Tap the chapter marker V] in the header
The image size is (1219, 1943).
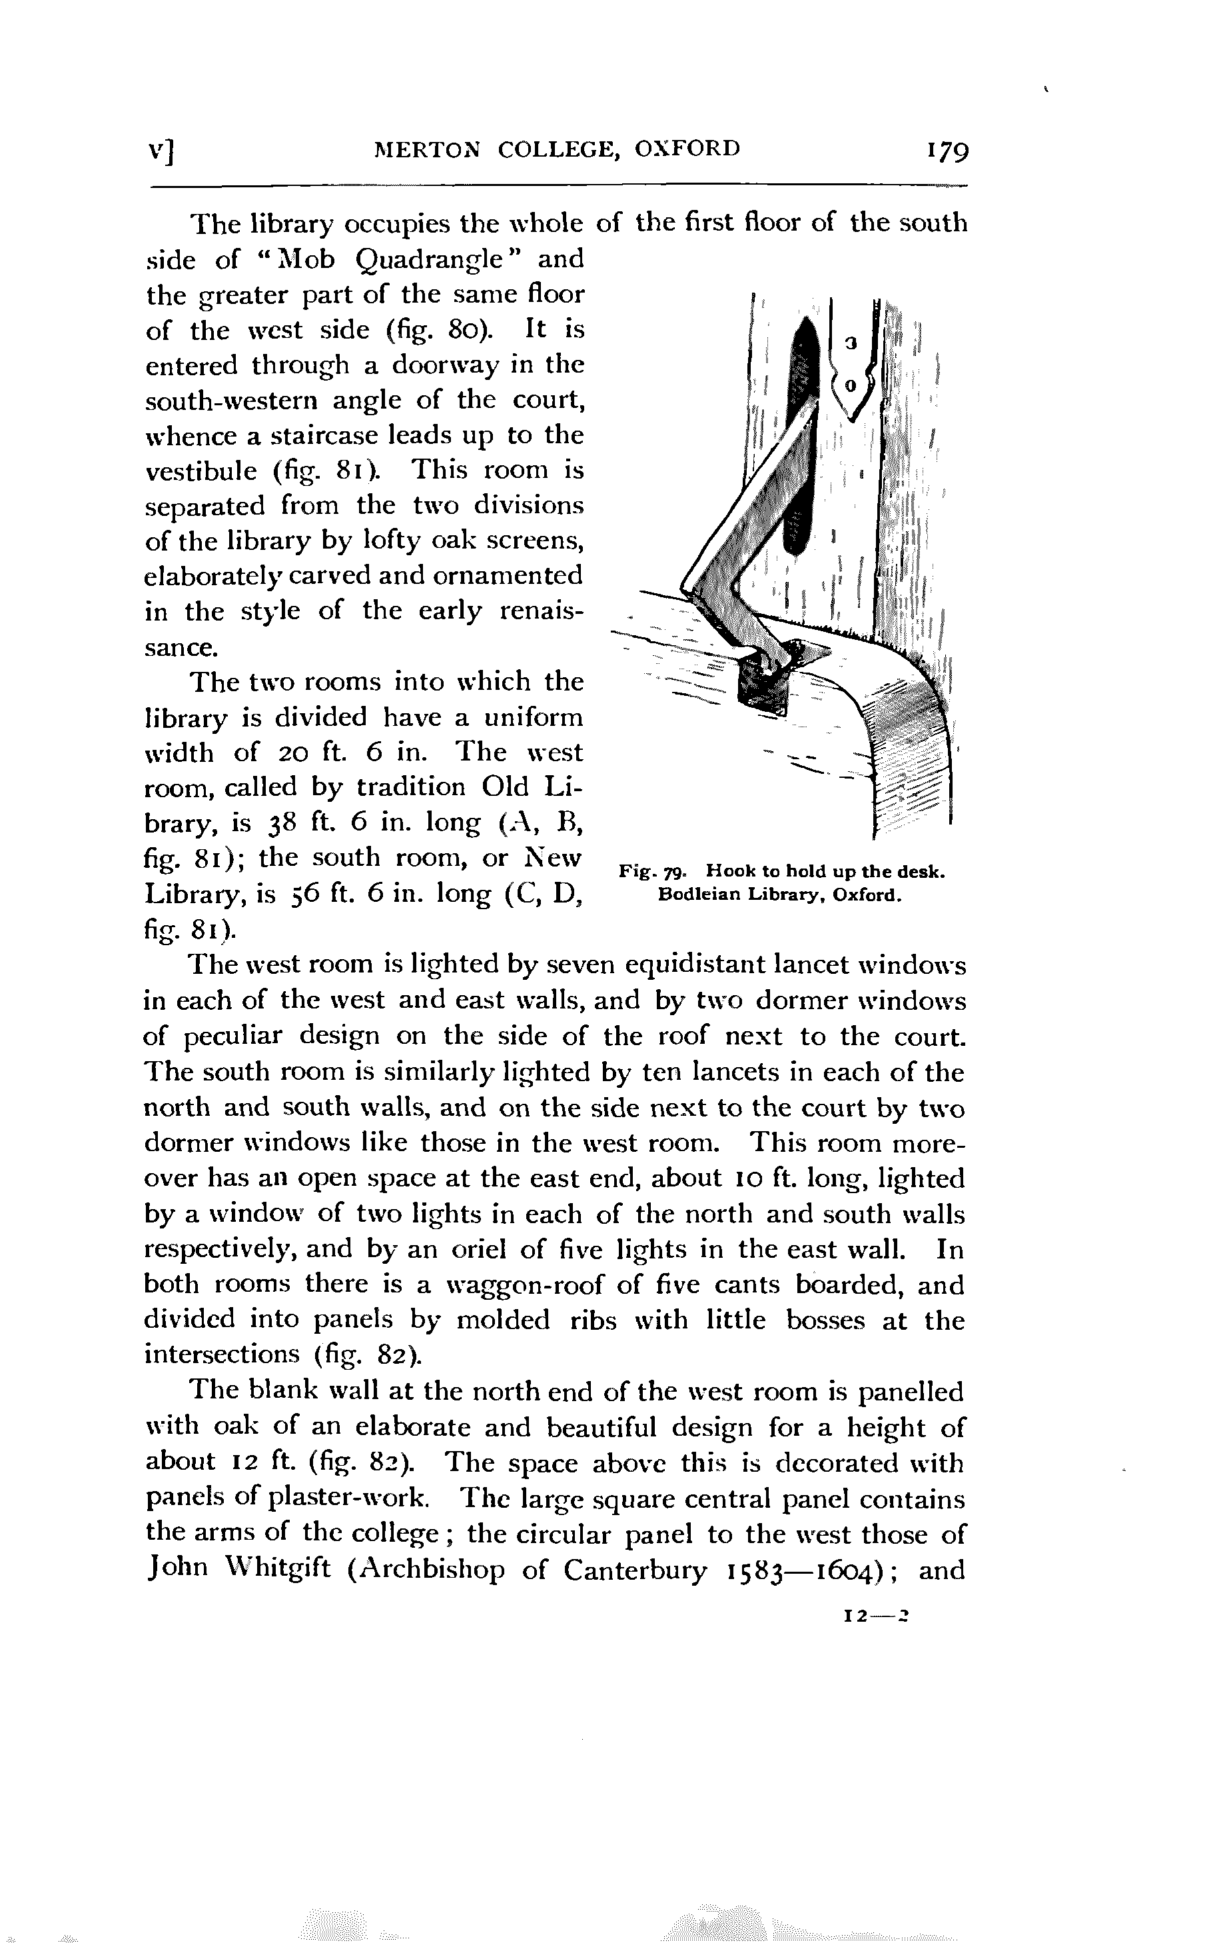pyautogui.click(x=164, y=151)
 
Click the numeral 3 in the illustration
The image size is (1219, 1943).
pyautogui.click(x=847, y=343)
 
